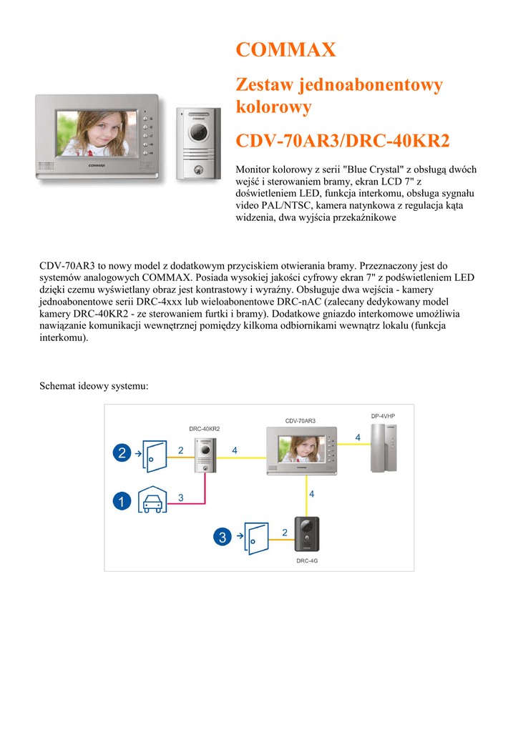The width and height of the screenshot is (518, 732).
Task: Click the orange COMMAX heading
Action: click(x=285, y=50)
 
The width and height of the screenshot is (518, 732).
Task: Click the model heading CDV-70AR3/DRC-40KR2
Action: click(x=343, y=141)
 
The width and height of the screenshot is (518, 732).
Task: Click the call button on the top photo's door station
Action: click(x=196, y=170)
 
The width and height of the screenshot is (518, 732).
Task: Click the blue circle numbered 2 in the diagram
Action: click(x=122, y=452)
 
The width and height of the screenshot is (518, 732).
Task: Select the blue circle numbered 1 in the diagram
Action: click(x=122, y=502)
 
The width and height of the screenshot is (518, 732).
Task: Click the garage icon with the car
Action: click(x=152, y=502)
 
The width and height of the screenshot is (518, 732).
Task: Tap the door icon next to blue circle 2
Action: click(x=153, y=452)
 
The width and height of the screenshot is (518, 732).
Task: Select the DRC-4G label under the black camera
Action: click(x=307, y=561)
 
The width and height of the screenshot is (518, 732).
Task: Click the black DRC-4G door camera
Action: click(x=307, y=534)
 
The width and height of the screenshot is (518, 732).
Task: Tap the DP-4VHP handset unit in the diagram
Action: click(x=387, y=448)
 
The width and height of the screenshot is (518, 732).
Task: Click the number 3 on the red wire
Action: click(x=181, y=496)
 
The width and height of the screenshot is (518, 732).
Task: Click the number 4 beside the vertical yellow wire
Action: click(x=311, y=493)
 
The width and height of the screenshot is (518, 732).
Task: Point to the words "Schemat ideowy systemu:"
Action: click(x=94, y=386)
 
